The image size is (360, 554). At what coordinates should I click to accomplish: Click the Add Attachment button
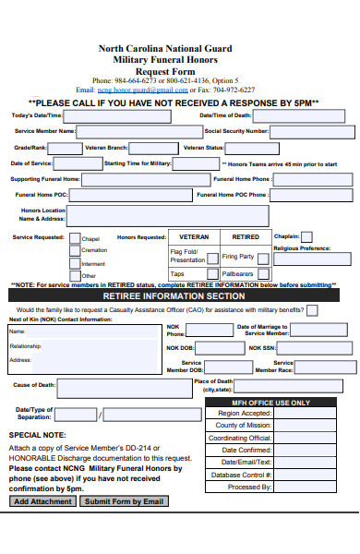(42, 501)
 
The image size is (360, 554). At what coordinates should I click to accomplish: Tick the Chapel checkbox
(74, 237)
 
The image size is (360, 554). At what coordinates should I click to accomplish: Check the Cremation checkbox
(74, 249)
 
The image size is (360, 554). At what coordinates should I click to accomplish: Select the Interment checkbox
(74, 262)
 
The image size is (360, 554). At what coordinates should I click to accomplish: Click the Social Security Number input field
(310, 131)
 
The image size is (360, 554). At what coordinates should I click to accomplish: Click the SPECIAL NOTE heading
(37, 434)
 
